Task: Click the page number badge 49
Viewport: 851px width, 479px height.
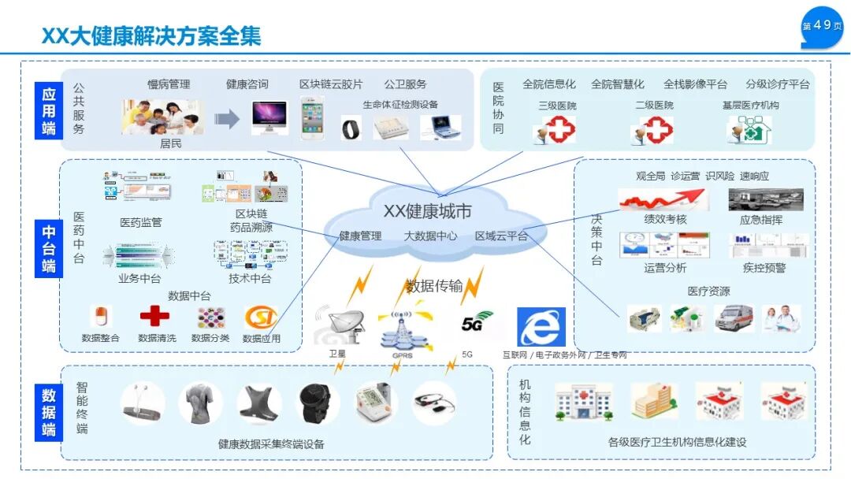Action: click(822, 27)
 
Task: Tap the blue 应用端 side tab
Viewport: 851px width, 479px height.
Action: click(49, 110)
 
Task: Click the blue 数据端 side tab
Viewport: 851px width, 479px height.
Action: click(49, 412)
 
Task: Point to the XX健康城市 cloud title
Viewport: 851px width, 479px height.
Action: click(427, 211)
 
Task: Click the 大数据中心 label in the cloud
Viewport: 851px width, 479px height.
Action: click(430, 236)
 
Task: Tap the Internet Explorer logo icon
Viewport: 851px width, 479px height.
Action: click(541, 326)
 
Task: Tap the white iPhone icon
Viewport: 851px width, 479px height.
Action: click(312, 119)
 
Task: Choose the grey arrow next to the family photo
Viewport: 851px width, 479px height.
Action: click(227, 119)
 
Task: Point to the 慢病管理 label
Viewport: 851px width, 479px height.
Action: click(169, 84)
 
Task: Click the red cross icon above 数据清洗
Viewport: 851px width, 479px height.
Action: click(154, 317)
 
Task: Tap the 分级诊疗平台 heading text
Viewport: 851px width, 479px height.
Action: click(777, 84)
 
